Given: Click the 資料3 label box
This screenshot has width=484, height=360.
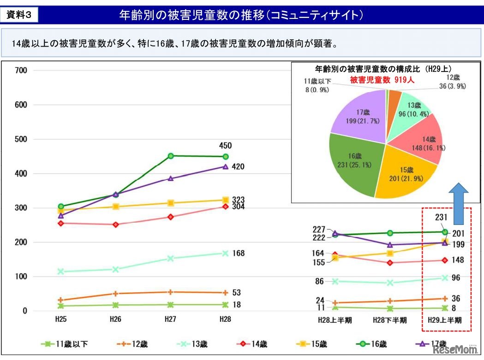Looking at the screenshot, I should [19, 15].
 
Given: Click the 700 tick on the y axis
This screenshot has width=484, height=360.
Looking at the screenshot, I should [22, 71].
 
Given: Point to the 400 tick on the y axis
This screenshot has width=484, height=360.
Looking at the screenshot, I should [22, 174].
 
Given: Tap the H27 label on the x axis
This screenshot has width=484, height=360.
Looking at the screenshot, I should [170, 319].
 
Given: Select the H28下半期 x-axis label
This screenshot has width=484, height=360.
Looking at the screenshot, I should [390, 319].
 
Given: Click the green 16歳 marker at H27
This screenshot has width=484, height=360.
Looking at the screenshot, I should [171, 156].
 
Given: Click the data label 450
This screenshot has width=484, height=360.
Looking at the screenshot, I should [225, 146].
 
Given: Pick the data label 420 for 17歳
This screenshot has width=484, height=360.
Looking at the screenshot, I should [239, 167].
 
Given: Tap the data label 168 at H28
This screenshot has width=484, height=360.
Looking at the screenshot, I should [239, 254].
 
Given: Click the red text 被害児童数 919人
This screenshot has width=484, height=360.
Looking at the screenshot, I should [382, 80].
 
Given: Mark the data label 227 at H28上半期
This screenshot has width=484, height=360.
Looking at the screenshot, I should [319, 229].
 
